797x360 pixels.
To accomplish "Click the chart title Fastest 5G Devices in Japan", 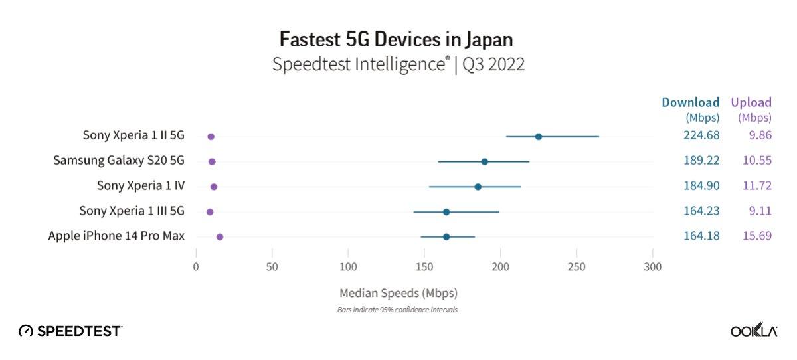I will click(x=396, y=39).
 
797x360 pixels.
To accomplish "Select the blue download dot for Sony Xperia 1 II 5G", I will click(x=539, y=137).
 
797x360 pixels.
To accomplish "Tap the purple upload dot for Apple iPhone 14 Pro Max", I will click(x=220, y=237).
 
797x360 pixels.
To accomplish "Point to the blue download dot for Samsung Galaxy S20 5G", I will click(x=485, y=162).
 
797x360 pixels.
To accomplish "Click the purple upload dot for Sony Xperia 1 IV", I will click(x=214, y=187).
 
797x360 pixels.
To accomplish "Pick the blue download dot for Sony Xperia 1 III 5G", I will click(x=446, y=212).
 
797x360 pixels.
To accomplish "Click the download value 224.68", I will click(x=701, y=136).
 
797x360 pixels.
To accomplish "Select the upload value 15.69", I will click(x=754, y=236).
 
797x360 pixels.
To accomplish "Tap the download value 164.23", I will click(x=701, y=211).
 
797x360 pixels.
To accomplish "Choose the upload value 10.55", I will click(x=754, y=161).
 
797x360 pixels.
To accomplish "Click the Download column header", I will click(x=691, y=103).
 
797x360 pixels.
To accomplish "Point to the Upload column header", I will click(x=751, y=103).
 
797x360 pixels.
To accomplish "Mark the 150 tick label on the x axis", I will click(x=424, y=267).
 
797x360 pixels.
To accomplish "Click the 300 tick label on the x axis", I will click(x=653, y=267).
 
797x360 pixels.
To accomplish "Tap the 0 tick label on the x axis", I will click(x=196, y=267).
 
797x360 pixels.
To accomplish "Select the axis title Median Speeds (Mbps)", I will click(x=398, y=292).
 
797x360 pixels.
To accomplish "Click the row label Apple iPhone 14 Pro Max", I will click(x=116, y=236).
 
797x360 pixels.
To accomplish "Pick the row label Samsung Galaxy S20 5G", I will click(x=119, y=161).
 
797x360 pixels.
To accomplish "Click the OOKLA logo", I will click(x=754, y=331).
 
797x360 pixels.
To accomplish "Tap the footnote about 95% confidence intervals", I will click(x=398, y=310).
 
